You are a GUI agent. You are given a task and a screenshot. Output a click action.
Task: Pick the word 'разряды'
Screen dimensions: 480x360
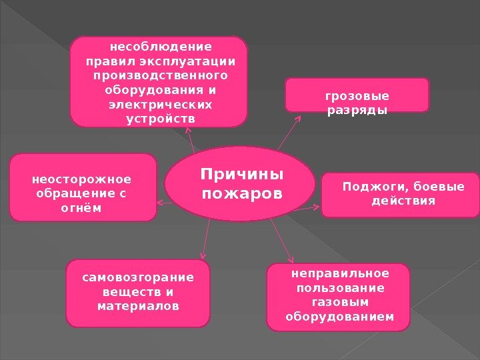click(x=357, y=110)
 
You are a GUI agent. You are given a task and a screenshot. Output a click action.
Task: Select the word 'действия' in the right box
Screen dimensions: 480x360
click(x=403, y=200)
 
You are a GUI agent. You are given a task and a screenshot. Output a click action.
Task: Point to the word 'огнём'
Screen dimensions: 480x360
click(x=82, y=208)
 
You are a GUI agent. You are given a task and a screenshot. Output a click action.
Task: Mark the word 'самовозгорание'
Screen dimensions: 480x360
click(x=138, y=277)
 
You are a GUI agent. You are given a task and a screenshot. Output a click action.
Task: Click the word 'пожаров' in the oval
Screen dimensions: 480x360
click(x=242, y=194)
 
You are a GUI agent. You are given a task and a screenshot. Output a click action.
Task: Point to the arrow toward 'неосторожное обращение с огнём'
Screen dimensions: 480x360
click(x=160, y=200)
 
